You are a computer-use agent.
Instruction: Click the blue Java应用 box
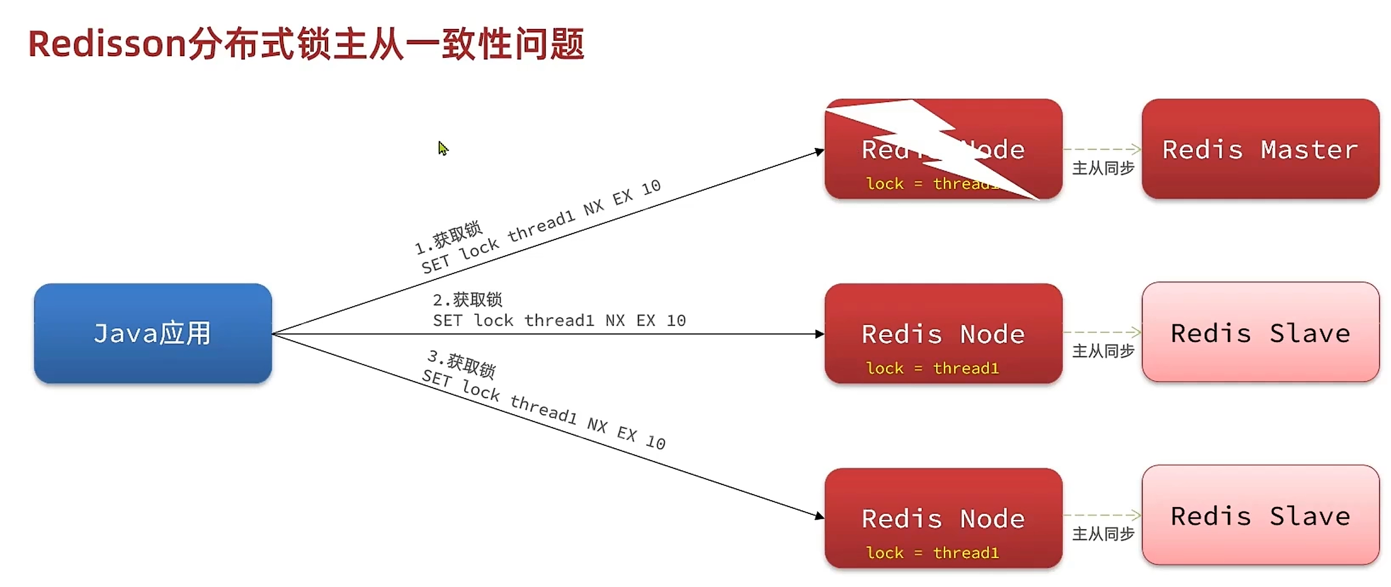point(152,333)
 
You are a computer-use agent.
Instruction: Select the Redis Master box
point(1260,149)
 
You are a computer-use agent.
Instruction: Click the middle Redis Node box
point(943,333)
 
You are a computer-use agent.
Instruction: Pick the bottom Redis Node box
point(943,518)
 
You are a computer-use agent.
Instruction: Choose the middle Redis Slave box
point(1260,332)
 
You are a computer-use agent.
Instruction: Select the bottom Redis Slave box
point(1260,516)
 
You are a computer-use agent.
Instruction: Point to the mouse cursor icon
point(443,148)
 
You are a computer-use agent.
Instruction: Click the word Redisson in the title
point(107,44)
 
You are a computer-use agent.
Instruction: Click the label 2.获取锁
point(468,299)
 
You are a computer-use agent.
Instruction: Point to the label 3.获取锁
point(461,364)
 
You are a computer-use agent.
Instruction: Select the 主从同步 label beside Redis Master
point(1102,168)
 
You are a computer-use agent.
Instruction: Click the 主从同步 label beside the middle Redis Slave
point(1102,351)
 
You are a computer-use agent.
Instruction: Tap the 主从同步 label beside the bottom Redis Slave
point(1102,534)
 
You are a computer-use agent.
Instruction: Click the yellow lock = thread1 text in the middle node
point(932,369)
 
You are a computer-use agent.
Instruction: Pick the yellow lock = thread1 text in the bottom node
point(932,553)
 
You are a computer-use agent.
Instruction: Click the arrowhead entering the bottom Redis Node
point(820,516)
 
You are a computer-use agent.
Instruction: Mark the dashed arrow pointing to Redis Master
point(1102,149)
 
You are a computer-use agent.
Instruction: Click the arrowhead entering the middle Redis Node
point(820,334)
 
